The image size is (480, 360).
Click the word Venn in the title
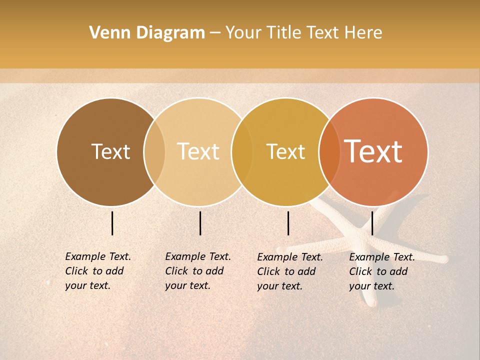[x=106, y=33]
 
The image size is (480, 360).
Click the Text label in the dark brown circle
[x=110, y=151]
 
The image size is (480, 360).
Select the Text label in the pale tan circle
[x=198, y=151]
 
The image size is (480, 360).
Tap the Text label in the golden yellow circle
[x=285, y=151]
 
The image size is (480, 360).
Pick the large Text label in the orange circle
[x=373, y=151]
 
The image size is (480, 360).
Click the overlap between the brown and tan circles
[x=154, y=152]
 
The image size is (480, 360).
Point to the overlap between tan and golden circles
[x=242, y=152]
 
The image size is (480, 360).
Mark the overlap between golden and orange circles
[x=329, y=152]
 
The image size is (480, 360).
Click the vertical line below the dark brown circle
[x=112, y=223]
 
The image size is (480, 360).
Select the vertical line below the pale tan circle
[x=200, y=223]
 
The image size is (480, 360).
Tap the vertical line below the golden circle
[x=288, y=223]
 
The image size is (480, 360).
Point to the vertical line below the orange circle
[x=372, y=223]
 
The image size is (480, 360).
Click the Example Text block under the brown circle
[x=97, y=271]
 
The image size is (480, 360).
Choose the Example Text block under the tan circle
[x=197, y=271]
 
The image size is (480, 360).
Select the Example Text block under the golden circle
[x=289, y=271]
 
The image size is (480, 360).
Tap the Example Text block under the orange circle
[x=381, y=271]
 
